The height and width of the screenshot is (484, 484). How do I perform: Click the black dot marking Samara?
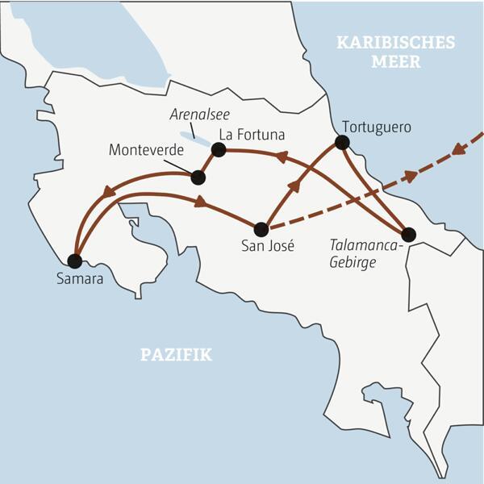point(74,261)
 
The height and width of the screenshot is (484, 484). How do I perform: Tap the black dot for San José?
point(261,229)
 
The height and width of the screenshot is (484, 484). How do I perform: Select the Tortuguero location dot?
point(342,143)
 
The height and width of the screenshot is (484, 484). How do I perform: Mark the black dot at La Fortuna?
point(217,149)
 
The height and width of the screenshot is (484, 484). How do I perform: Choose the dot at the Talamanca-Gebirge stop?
point(408,235)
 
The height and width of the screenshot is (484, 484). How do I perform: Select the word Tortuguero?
point(377,127)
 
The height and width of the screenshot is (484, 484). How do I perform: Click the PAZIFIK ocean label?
point(176,354)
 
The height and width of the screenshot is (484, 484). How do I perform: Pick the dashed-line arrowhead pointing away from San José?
point(411,175)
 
